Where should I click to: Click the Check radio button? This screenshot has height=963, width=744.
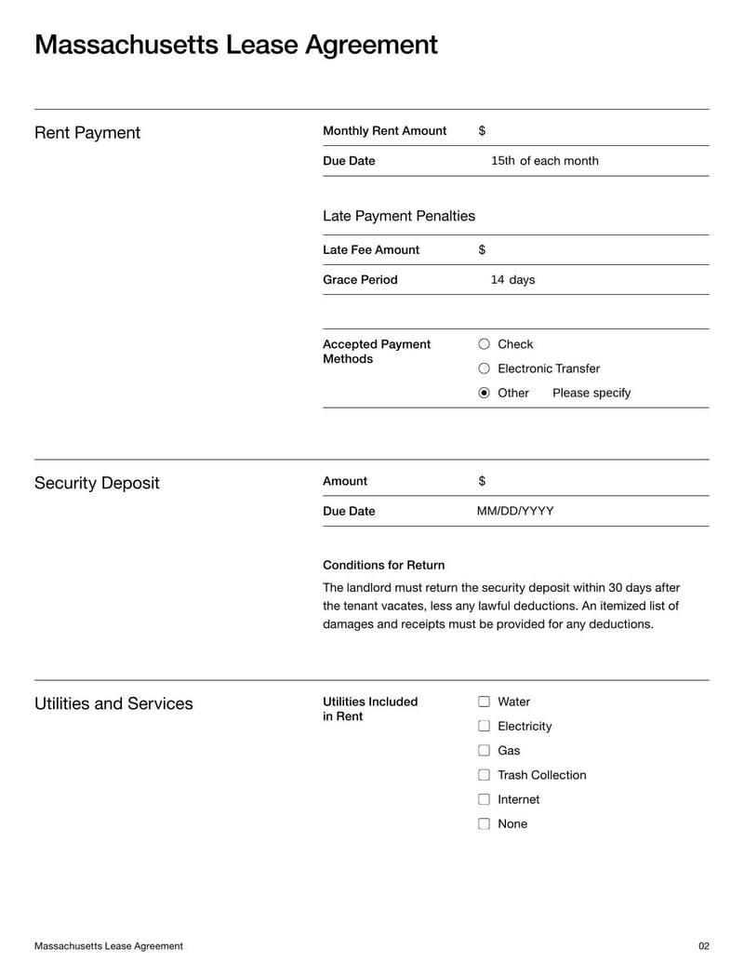[484, 344]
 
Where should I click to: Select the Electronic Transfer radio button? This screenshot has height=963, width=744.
[484, 368]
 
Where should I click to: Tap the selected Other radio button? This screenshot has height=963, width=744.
[484, 393]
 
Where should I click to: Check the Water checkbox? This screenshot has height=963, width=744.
[484, 702]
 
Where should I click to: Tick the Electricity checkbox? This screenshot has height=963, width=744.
[484, 726]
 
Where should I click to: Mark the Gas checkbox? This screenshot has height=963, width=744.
[484, 750]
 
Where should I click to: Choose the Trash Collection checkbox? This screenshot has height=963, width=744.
[484, 775]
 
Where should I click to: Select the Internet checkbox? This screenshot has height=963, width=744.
[484, 799]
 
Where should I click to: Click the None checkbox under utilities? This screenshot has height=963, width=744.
[484, 823]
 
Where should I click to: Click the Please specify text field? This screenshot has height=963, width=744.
[591, 393]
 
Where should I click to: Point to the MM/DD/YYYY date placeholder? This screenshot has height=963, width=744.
[515, 511]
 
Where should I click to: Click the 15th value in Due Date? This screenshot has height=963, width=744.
[502, 161]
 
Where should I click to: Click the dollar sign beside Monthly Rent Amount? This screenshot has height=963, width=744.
[482, 131]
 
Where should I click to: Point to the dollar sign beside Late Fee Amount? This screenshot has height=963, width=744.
[482, 250]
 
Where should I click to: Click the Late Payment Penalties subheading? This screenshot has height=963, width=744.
[399, 216]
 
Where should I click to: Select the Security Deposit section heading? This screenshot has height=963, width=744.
[97, 483]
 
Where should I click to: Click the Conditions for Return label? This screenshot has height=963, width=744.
[383, 565]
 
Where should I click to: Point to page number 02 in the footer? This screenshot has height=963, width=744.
[703, 946]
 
